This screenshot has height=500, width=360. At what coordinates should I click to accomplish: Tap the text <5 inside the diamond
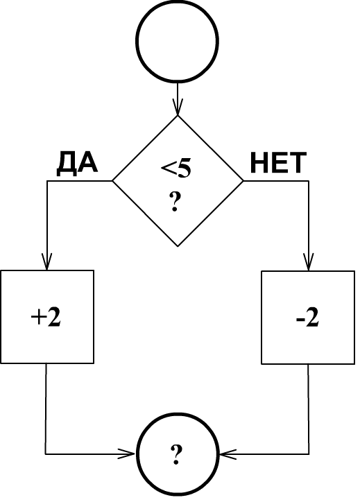click(176, 169)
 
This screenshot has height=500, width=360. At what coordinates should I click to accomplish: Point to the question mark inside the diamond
click(174, 202)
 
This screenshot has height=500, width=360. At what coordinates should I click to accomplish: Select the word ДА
click(77, 163)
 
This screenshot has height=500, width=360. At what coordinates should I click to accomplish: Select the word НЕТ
click(278, 163)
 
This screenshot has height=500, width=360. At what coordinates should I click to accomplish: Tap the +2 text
click(46, 318)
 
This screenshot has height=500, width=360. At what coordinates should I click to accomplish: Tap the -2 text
click(307, 318)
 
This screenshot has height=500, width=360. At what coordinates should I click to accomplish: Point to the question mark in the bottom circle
click(175, 455)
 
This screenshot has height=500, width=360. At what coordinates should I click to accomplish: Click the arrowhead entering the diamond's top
click(178, 107)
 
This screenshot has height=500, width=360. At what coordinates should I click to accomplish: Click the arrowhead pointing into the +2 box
click(47, 262)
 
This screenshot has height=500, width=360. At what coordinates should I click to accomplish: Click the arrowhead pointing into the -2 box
click(308, 262)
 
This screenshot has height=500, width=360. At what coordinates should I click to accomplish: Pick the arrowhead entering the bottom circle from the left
click(127, 454)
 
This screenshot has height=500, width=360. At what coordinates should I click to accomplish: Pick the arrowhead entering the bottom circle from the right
click(228, 454)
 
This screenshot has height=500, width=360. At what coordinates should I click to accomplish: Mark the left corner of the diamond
click(112, 181)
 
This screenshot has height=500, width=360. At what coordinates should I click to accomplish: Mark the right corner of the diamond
click(243, 181)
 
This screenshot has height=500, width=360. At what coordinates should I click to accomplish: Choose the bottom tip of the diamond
click(178, 246)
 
